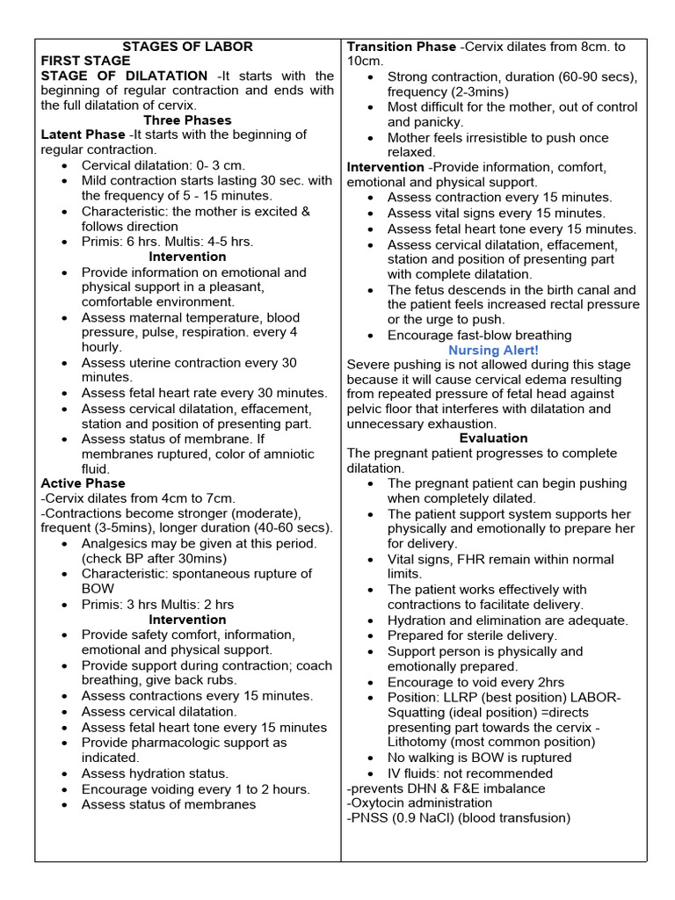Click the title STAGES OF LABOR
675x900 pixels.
pyautogui.click(x=187, y=46)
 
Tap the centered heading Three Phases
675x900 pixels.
pyautogui.click(x=187, y=120)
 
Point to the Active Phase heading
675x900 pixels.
pyautogui.click(x=83, y=483)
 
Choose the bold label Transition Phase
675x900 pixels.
pyautogui.click(x=402, y=46)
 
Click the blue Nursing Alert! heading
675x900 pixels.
pyautogui.click(x=493, y=350)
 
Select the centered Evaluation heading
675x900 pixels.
pyautogui.click(x=493, y=438)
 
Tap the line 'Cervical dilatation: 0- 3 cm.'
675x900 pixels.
pyautogui.click(x=163, y=165)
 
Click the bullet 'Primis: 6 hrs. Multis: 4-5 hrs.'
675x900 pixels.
pyautogui.click(x=167, y=241)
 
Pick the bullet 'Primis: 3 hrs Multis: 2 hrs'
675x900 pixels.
pyautogui.click(x=157, y=605)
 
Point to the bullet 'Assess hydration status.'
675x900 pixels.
pyautogui.click(x=155, y=773)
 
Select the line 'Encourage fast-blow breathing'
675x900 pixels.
pyautogui.click(x=479, y=335)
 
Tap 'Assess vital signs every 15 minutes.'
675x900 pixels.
pyautogui.click(x=496, y=213)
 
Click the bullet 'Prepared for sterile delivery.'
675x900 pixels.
pyautogui.click(x=472, y=635)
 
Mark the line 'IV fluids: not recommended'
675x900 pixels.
pyautogui.click(x=470, y=773)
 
